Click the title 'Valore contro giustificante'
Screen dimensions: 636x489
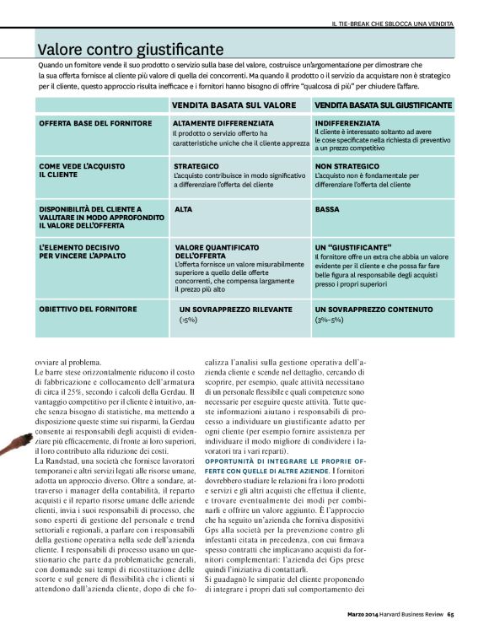point(130,50)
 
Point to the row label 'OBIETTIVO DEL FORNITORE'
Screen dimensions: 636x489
point(88,310)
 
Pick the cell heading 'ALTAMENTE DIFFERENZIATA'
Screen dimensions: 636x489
point(223,123)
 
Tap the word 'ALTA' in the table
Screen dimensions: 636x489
point(183,208)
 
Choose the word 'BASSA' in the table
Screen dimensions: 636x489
point(327,208)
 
